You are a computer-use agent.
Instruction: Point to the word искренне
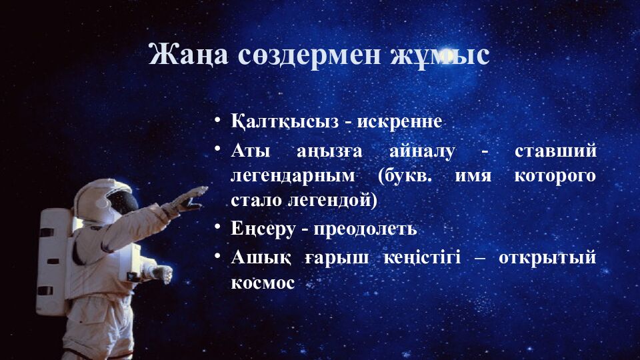pyautogui.click(x=399, y=122)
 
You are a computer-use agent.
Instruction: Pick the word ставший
pyautogui.click(x=555, y=151)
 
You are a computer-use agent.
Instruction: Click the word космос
pyautogui.click(x=263, y=282)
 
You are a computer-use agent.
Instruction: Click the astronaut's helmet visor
pyautogui.click(x=122, y=201)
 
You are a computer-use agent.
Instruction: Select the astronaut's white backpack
pyautogui.click(x=53, y=260)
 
